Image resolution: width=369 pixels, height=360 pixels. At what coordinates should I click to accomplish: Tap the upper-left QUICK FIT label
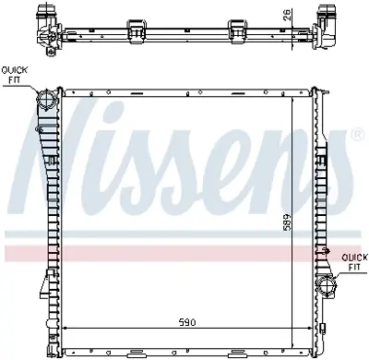pyautogui.click(x=14, y=75)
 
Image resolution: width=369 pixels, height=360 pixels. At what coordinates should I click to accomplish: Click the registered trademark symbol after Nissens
pyautogui.click(x=356, y=136)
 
